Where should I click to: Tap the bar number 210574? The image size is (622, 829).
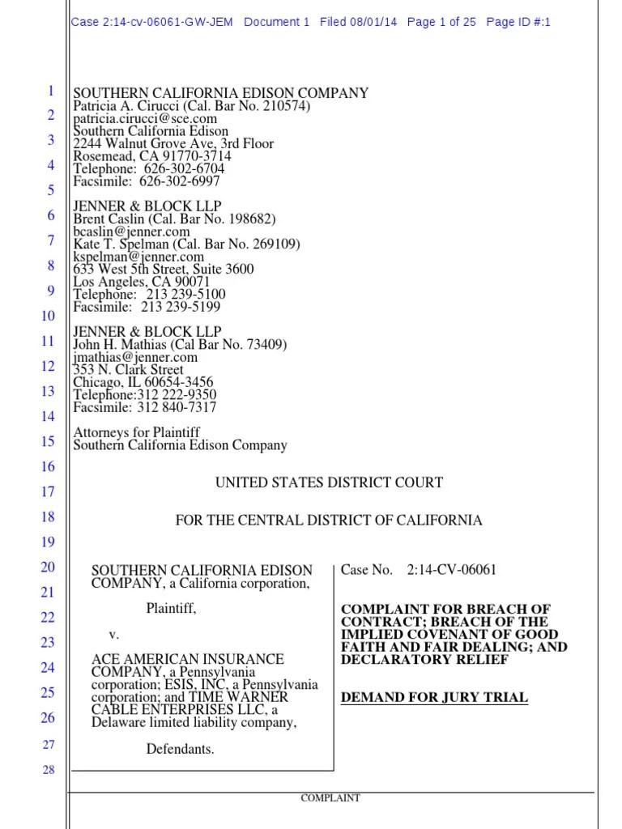285,106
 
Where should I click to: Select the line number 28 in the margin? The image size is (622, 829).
48,769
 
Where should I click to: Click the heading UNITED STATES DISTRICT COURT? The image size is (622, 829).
328,483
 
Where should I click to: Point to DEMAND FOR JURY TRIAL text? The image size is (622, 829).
434,697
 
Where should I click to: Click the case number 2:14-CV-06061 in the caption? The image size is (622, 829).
452,570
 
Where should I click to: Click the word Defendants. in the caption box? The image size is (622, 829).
180,749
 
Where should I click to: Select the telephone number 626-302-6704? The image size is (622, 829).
184,168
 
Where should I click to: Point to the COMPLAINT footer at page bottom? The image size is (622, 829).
330,797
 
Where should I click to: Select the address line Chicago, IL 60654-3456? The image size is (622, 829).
143,382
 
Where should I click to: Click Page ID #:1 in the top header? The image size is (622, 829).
518,23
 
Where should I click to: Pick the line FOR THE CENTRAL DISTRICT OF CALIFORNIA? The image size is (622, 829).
328,520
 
